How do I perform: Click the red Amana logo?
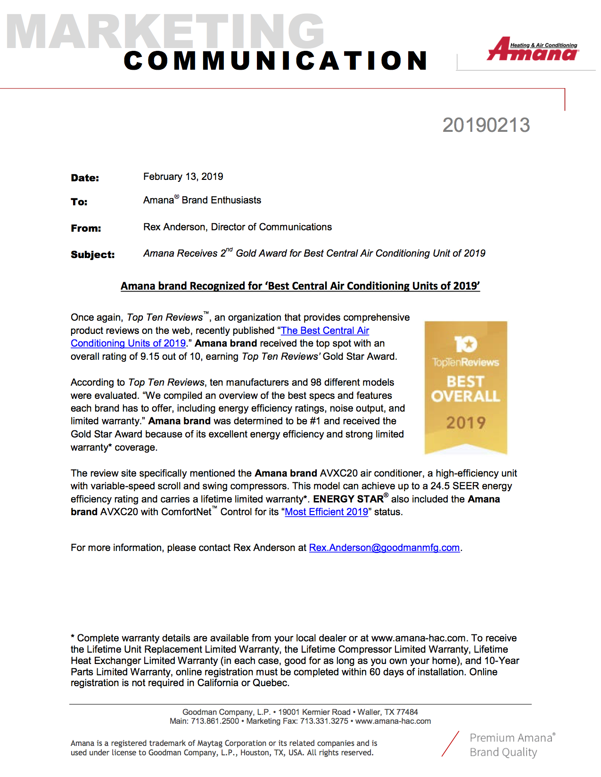coord(533,50)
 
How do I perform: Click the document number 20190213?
coord(486,125)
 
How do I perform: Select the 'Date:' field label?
coord(85,178)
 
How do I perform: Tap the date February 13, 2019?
coord(183,177)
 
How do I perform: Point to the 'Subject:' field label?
coord(92,255)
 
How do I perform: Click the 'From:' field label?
coord(86,228)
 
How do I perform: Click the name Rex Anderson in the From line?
coord(174,227)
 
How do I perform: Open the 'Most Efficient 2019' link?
coord(326,512)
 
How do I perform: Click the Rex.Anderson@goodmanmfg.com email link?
coord(384,548)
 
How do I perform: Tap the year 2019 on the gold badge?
coord(466,422)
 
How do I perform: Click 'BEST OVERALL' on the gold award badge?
coord(466,389)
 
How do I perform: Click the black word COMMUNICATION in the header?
coord(276,61)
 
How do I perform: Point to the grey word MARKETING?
coord(165,32)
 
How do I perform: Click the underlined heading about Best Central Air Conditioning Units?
coord(300,286)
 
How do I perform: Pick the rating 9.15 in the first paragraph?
coord(150,356)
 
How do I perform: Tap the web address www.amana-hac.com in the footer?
coord(393,721)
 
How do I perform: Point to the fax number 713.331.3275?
coord(324,721)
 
